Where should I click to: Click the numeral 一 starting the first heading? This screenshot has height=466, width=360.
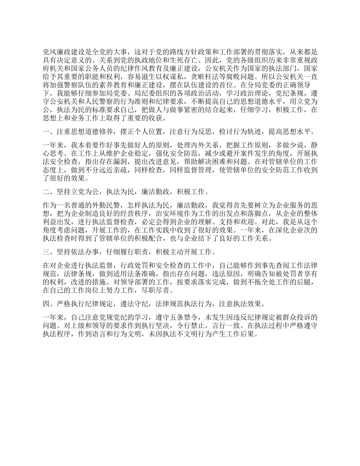[46, 132]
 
